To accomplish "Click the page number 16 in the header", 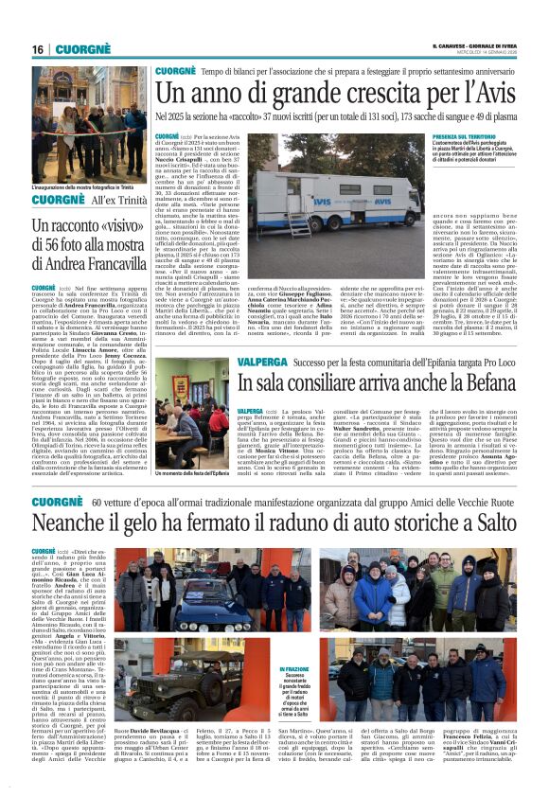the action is point(38,49).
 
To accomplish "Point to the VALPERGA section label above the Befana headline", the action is point(261,362).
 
